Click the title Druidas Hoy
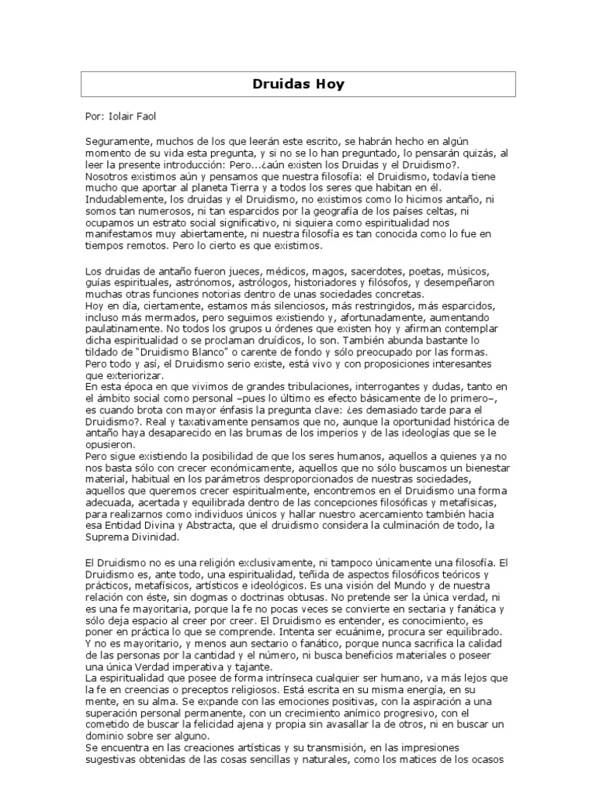pyautogui.click(x=298, y=84)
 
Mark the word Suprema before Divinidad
pyautogui.click(x=108, y=537)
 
